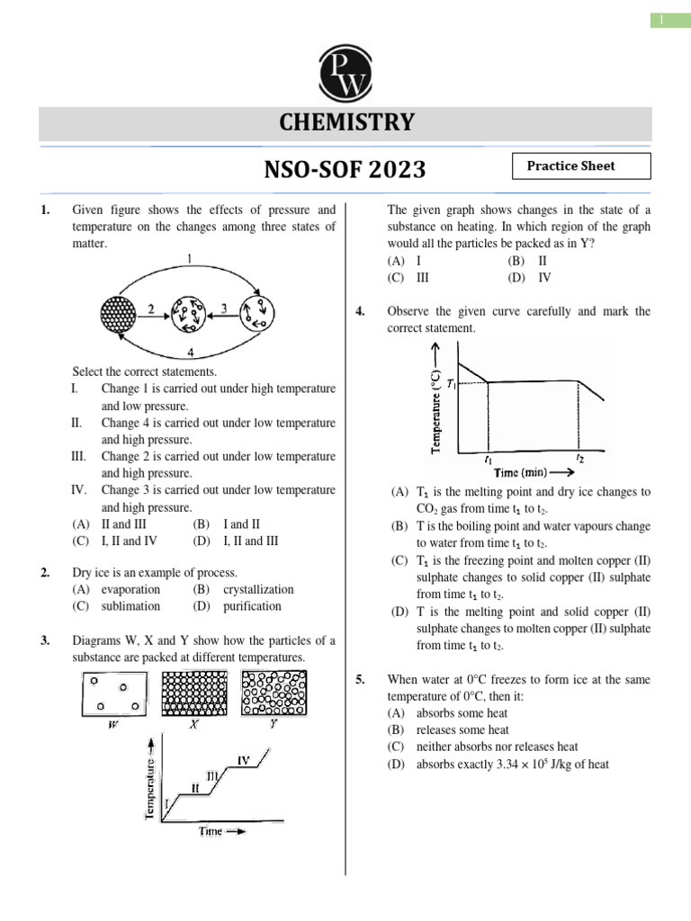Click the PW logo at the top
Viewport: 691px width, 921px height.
[345, 73]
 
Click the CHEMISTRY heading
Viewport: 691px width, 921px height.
[345, 123]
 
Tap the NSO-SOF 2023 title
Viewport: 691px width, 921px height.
[345, 170]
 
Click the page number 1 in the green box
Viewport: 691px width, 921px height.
[669, 20]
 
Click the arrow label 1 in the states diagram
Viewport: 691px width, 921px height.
[189, 259]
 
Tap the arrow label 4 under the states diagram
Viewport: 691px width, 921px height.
[189, 351]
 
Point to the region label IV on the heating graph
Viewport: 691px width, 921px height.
[243, 760]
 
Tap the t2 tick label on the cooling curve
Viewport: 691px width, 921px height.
[580, 458]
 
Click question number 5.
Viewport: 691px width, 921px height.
[360, 680]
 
